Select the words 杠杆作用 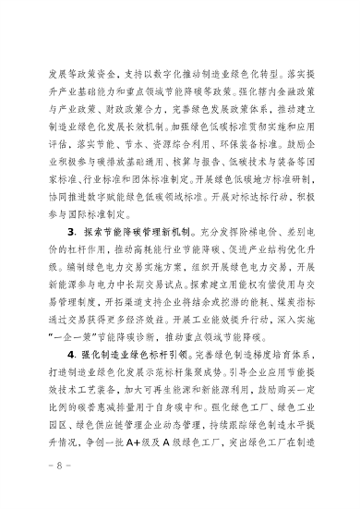click(x=71, y=250)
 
